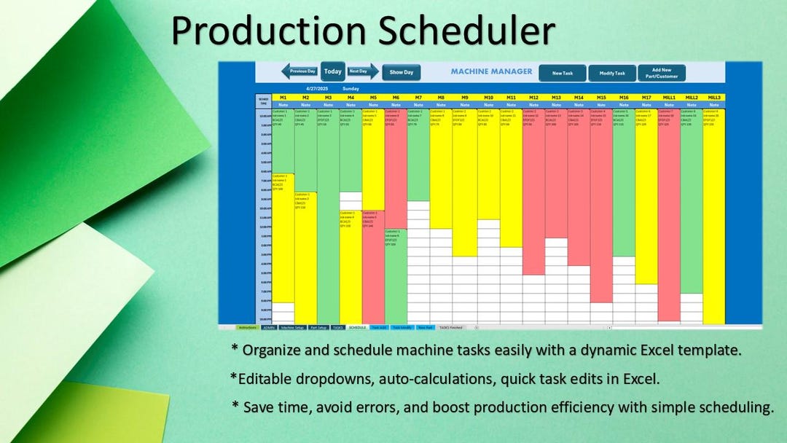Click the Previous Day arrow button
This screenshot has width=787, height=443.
coord(299,71)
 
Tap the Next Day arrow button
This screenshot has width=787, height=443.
coord(362,71)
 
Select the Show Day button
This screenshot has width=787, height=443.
coord(401,72)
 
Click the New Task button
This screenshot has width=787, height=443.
coord(562,73)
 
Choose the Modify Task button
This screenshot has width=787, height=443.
coord(611,73)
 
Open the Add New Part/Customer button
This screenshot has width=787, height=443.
coord(661,73)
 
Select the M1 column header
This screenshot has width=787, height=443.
coord(283,97)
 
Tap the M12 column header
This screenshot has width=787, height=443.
coord(533,97)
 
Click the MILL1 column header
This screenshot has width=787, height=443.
coord(668,97)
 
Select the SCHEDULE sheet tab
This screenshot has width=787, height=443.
coord(357,328)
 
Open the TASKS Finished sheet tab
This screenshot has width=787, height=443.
coord(450,328)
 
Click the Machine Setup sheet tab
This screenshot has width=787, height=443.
coord(292,328)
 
